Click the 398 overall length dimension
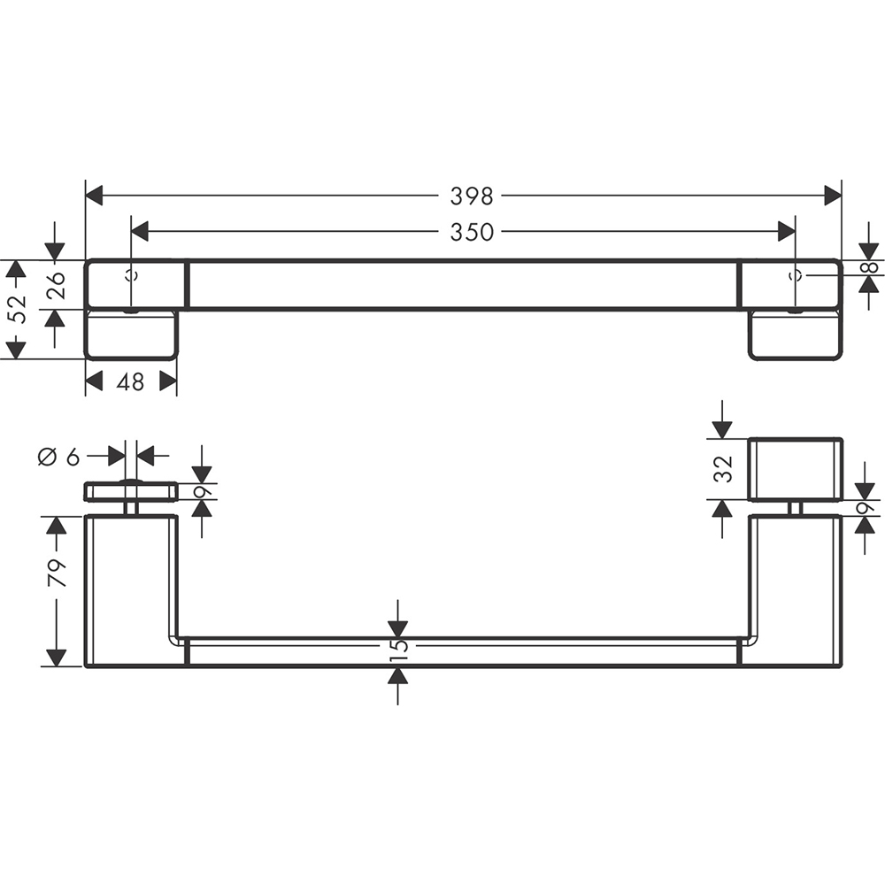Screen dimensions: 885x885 coord(472,196)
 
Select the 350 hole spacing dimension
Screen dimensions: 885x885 coord(472,231)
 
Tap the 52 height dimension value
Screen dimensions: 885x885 coord(19,309)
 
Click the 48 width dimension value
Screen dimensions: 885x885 coord(130,382)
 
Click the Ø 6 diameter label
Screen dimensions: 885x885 coord(58,456)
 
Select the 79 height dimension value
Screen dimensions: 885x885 coord(57,573)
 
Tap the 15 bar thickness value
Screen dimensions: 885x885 coord(398,645)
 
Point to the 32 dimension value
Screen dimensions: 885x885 coord(723,468)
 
